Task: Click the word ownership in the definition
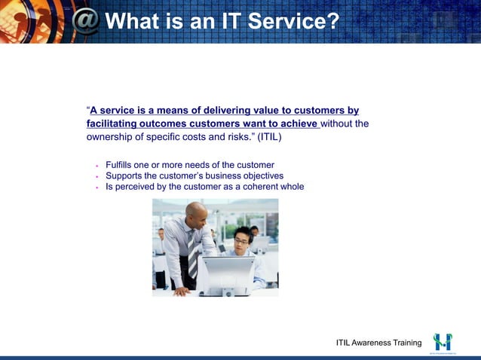(112, 138)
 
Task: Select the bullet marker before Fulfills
(97, 166)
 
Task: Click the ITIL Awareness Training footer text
(378, 343)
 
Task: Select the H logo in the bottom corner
(442, 341)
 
